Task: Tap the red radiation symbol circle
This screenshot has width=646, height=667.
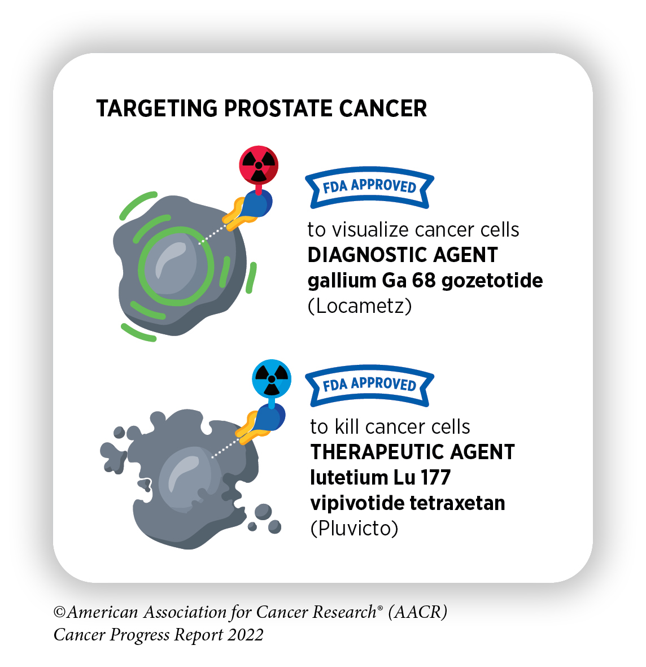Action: click(x=259, y=165)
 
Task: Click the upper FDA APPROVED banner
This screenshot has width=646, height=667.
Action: click(x=369, y=187)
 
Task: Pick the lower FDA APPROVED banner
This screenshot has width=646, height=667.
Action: click(x=369, y=385)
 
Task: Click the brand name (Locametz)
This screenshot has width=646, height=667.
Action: click(x=360, y=306)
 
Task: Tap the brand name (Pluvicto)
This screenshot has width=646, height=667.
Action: click(x=355, y=528)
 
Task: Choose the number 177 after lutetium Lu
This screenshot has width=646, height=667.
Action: click(x=435, y=477)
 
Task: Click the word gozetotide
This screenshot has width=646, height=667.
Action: click(x=492, y=280)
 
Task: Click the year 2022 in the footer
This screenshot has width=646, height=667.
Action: click(x=246, y=635)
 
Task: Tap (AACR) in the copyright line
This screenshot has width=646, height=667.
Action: click(x=418, y=612)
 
